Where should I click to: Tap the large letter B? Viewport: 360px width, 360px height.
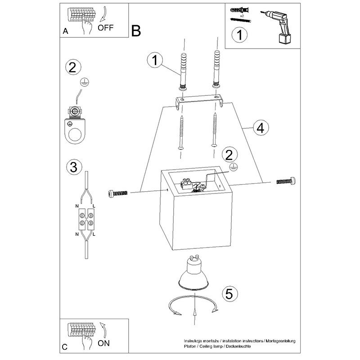pos(137,31)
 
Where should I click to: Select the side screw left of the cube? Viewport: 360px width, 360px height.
pos(119,193)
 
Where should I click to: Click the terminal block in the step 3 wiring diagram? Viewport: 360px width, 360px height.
pos(85,218)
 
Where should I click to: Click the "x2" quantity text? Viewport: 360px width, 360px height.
pos(242,16)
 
